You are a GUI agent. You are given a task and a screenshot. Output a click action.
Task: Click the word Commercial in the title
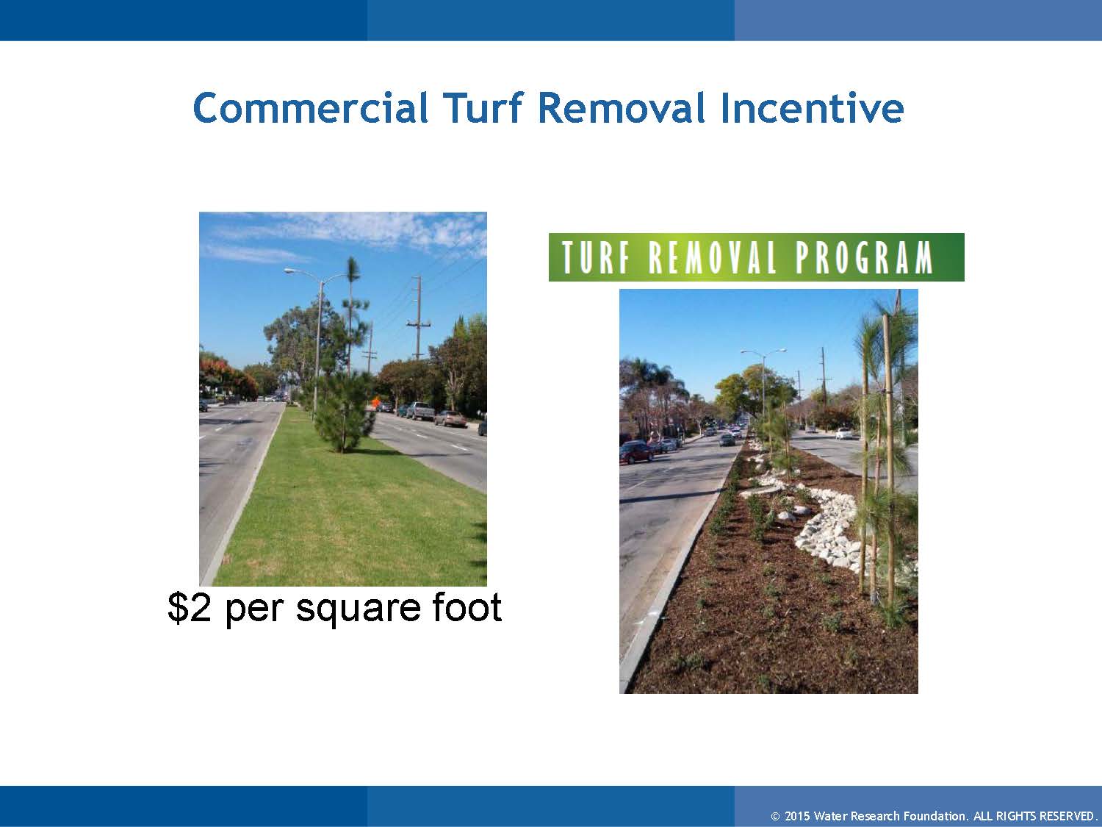[310, 108]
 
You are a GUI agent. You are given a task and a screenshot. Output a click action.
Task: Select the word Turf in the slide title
[481, 108]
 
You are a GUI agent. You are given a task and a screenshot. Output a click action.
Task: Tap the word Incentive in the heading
[811, 108]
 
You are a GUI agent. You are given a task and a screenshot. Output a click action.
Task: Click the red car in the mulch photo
[635, 452]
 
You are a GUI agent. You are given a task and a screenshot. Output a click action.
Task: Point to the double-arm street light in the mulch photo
[763, 353]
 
